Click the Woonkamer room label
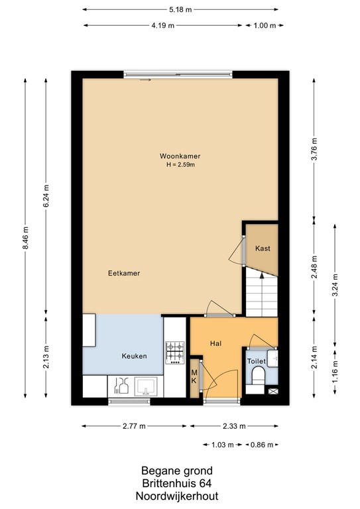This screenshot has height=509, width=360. tap(180, 156)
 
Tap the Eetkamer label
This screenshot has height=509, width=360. tap(124, 273)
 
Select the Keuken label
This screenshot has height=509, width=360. tap(134, 356)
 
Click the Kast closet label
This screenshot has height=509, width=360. tap(263, 249)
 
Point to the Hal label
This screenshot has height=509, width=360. tap(215, 343)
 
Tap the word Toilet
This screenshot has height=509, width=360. tap(256, 361)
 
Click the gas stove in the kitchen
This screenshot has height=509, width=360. tap(175, 353)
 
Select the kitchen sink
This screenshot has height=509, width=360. tap(146, 386)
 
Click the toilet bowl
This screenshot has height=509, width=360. tap(259, 376)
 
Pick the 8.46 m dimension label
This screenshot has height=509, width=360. tap(26, 238)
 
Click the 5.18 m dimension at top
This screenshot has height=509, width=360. tap(180, 9)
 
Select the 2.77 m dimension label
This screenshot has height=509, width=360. tap(134, 426)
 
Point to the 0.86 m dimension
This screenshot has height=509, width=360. tap(262, 445)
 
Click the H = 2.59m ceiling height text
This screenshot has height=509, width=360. tap(180, 164)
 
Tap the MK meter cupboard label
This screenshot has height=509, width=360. tap(194, 376)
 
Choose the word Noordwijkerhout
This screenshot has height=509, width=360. tap(177, 496)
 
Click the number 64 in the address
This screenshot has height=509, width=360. tap(206, 483)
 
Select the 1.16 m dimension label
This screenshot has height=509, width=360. tap(335, 372)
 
